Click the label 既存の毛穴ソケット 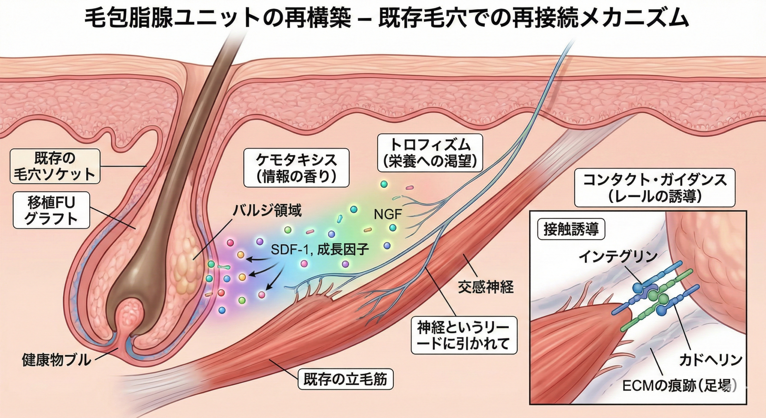pyautogui.click(x=55, y=166)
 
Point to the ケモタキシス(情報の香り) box pyautogui.click(x=296, y=168)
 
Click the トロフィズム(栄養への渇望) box pyautogui.click(x=430, y=153)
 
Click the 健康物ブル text pyautogui.click(x=56, y=360)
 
